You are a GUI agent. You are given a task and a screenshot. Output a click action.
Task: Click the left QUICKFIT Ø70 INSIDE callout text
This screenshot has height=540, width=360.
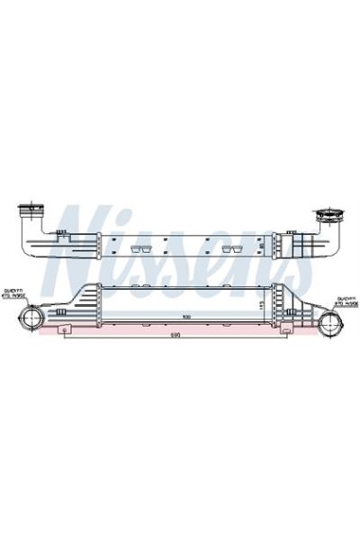coord(14,292)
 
